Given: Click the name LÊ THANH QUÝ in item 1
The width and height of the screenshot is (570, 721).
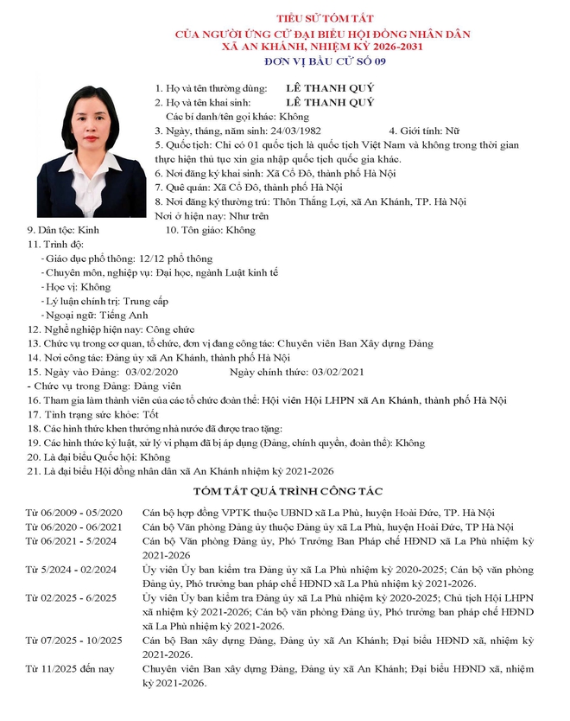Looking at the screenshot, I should tap(332, 88).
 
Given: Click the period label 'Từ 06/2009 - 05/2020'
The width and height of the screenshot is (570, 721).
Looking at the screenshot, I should tap(74, 513).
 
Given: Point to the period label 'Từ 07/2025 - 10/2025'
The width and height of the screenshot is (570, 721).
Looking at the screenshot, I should tap(74, 641).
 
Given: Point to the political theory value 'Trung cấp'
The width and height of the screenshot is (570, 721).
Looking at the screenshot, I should tap(146, 301).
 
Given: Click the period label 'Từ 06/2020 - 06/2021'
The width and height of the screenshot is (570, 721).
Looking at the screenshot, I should tap(74, 526).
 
